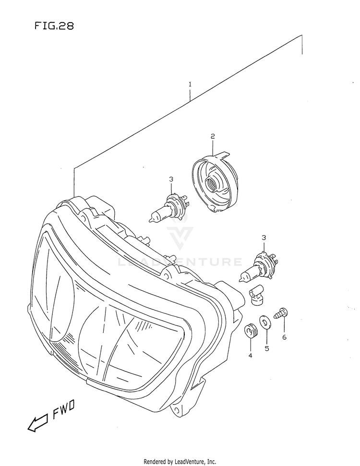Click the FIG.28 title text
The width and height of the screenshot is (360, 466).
pyautogui.click(x=54, y=26)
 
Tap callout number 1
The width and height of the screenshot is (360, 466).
pyautogui.click(x=190, y=84)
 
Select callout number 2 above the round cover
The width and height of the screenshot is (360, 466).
pyautogui.click(x=212, y=136)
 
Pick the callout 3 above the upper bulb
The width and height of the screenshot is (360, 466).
pyautogui.click(x=170, y=179)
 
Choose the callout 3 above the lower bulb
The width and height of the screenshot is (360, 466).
pyautogui.click(x=263, y=238)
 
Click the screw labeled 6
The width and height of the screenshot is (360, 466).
pyautogui.click(x=280, y=313)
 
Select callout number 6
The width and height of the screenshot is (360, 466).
pyautogui.click(x=284, y=337)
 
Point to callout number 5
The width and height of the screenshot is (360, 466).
pyautogui.click(x=267, y=348)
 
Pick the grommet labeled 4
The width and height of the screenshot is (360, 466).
pyautogui.click(x=250, y=331)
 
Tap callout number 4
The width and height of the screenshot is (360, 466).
pyautogui.click(x=250, y=356)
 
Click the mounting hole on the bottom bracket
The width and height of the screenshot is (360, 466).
pyautogui.click(x=177, y=410)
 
